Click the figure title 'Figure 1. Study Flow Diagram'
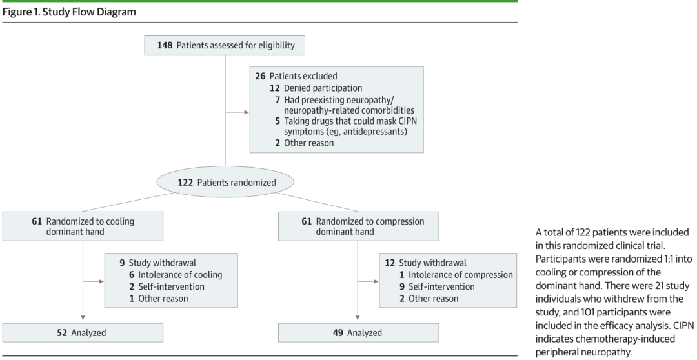(69, 12)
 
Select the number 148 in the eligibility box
(165, 45)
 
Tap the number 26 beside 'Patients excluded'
(260, 76)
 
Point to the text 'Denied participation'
(323, 88)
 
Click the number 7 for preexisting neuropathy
(278, 100)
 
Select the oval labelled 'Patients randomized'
(225, 182)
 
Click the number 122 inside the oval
(185, 182)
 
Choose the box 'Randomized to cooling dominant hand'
(83, 226)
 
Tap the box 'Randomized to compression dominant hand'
(358, 226)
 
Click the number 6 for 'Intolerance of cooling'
(132, 275)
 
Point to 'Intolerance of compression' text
(461, 275)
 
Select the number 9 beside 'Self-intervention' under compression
(402, 286)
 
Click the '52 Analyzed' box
(83, 332)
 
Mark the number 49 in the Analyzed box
(338, 332)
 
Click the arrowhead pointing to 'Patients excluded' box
(247, 112)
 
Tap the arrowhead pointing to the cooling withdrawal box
(102, 281)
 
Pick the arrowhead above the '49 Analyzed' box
(358, 318)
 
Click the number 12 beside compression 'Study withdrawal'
(390, 263)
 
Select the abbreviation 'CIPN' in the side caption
(683, 326)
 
